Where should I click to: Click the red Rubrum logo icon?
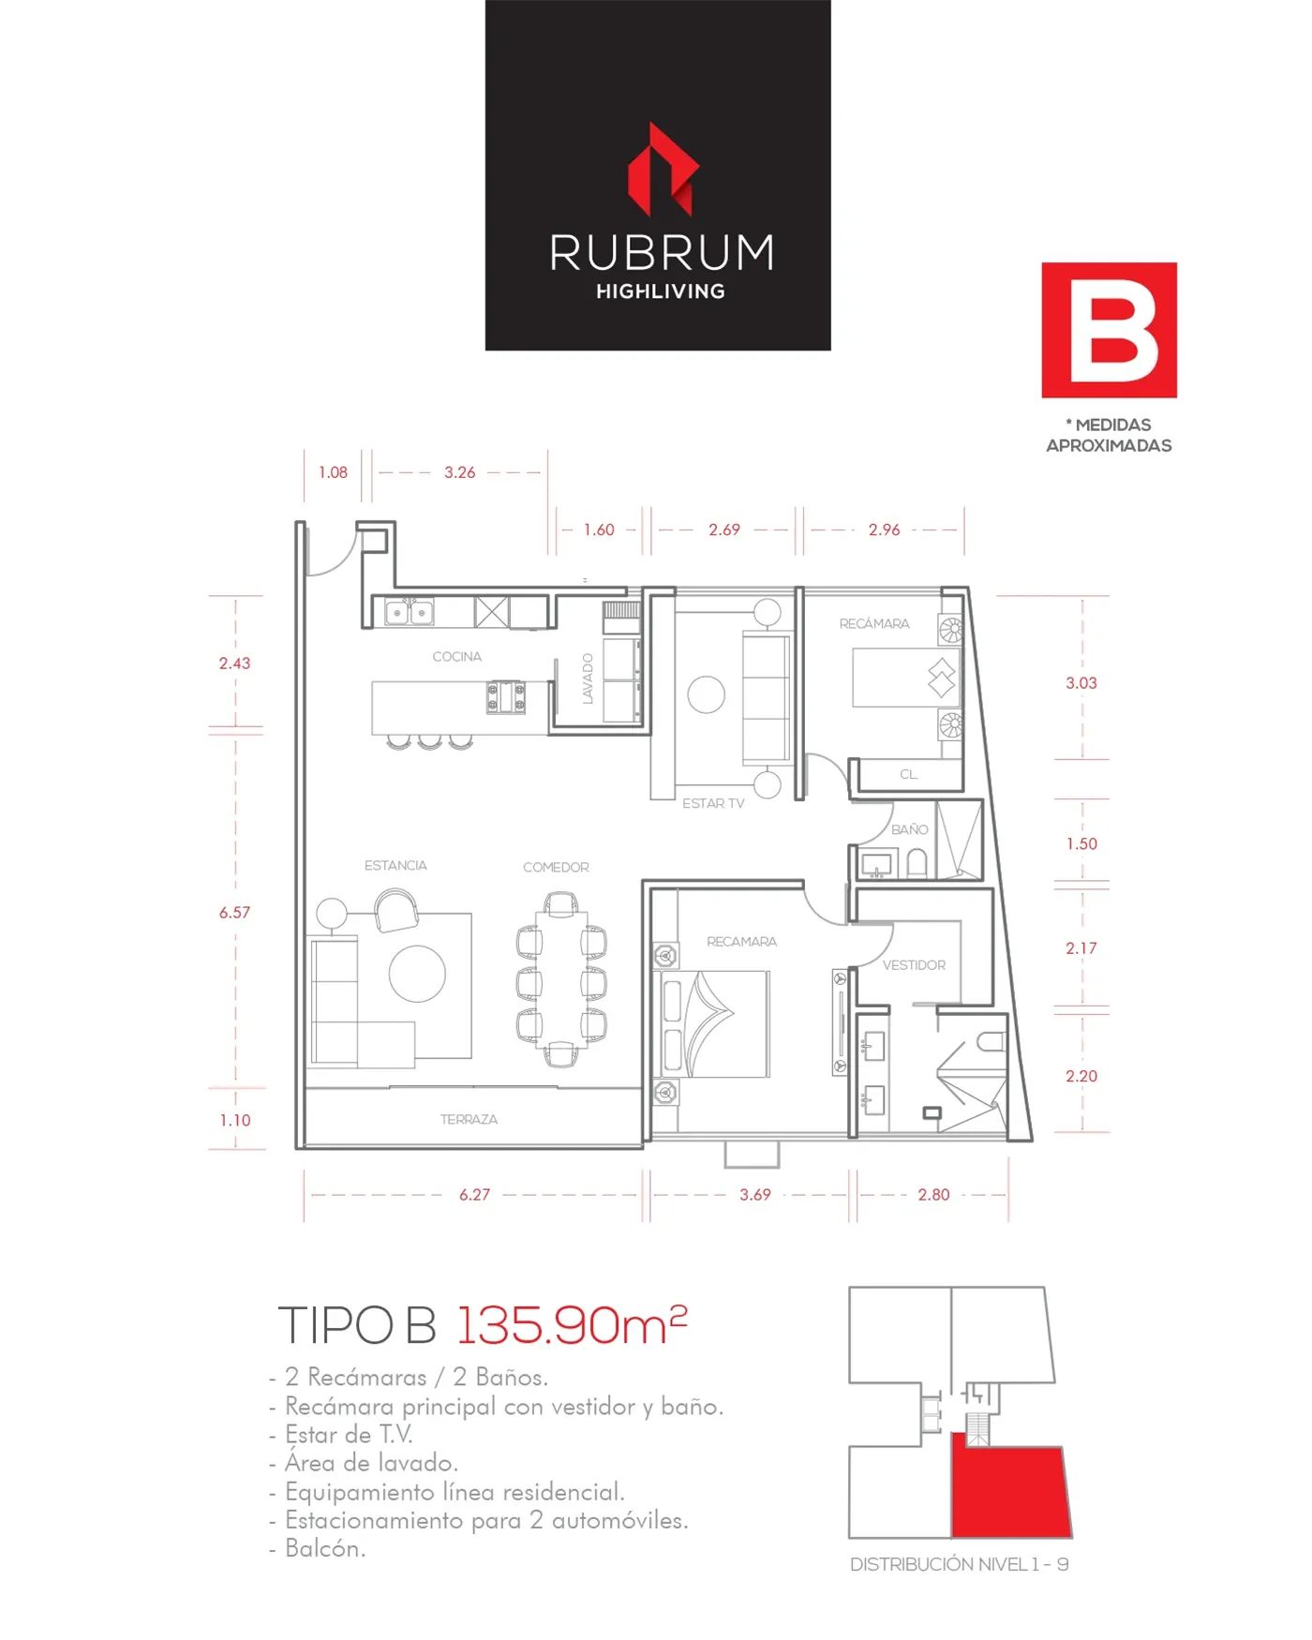663,170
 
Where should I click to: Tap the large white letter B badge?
1109,330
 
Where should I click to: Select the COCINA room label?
457,657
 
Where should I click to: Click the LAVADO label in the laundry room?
588,678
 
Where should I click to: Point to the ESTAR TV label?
713,803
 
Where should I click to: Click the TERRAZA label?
469,1119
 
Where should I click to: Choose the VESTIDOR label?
914,965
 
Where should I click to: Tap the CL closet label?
908,774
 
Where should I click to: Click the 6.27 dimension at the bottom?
474,1195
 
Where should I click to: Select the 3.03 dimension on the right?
1081,683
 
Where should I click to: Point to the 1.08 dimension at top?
333,472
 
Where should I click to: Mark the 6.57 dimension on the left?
234,913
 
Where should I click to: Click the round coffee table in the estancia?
417,974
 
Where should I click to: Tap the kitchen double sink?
409,613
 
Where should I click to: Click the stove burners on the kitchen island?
505,697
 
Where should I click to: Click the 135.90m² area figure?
572,1324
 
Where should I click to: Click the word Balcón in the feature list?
325,1548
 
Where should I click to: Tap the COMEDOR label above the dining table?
556,868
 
